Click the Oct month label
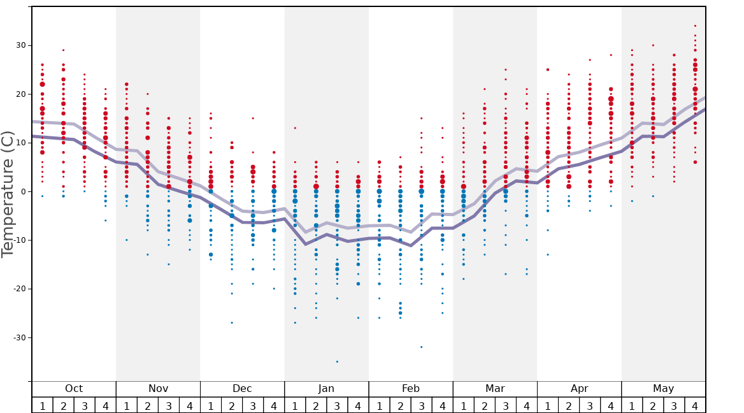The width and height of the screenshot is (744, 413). (74, 389)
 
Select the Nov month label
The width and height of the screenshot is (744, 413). (158, 389)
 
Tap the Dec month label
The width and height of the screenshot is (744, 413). (242, 389)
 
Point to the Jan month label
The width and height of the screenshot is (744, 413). (326, 389)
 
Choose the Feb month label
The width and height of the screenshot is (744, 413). (411, 389)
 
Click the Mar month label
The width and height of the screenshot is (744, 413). (495, 389)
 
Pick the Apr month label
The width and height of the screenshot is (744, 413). (579, 389)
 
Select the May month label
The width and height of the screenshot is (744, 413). (663, 389)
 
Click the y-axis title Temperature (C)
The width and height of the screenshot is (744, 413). (8, 194)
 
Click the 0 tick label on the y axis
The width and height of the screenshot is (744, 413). (23, 192)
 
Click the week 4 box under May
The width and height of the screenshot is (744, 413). (695, 405)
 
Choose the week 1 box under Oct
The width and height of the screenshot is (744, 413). (43, 405)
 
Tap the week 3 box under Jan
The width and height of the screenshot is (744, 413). (337, 405)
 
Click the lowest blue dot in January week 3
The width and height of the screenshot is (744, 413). (337, 361)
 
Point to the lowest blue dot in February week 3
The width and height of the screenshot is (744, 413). (421, 347)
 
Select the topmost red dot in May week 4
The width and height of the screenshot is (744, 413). (695, 26)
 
